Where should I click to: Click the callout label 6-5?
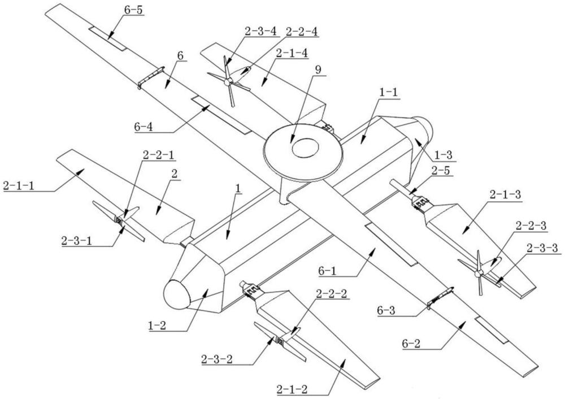(133, 10)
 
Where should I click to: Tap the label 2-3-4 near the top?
(260, 31)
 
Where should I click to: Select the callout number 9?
(318, 70)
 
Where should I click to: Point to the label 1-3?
(442, 155)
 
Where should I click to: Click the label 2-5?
(440, 171)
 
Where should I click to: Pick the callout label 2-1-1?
(19, 186)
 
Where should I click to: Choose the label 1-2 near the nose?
(157, 326)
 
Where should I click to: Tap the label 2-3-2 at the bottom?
(218, 359)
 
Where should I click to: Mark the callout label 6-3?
(385, 310)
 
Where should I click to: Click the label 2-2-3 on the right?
(531, 226)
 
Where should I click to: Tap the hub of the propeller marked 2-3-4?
(227, 83)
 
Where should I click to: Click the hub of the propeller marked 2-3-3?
(478, 274)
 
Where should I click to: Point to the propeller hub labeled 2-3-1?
(119, 220)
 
